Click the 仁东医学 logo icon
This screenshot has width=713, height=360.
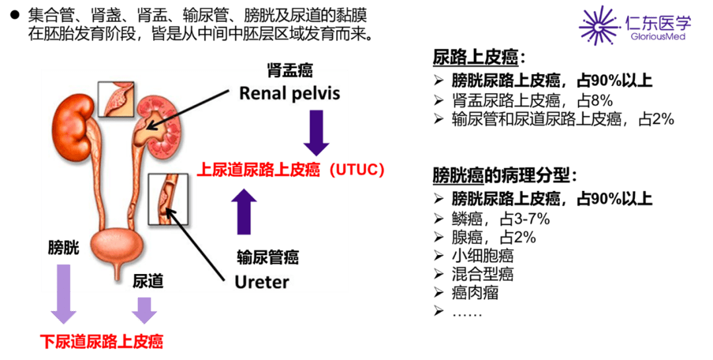(x=599, y=25)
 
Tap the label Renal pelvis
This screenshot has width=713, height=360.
(x=289, y=92)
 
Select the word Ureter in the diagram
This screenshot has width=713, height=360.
(x=262, y=282)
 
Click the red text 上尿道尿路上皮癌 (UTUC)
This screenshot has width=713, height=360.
(x=290, y=170)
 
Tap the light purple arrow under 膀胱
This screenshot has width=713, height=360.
(x=64, y=293)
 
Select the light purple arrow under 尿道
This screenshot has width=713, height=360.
(x=144, y=309)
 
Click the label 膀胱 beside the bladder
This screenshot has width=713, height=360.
(x=63, y=248)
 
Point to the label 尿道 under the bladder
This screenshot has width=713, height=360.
(x=147, y=281)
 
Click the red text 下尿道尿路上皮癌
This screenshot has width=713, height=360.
(x=102, y=342)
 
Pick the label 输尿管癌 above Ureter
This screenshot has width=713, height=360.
(x=267, y=257)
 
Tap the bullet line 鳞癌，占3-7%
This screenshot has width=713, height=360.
(x=492, y=219)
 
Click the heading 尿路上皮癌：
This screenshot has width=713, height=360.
(x=479, y=58)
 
